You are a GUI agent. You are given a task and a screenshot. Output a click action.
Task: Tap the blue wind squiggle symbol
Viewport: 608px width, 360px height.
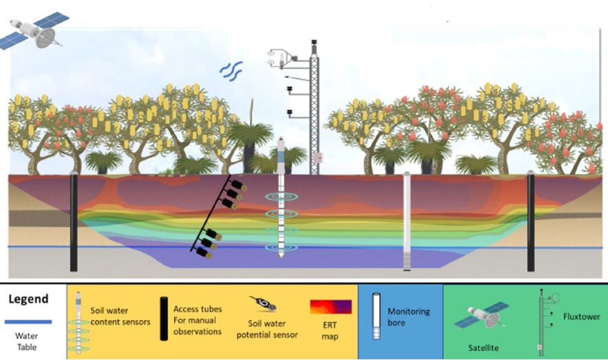(x=231, y=70)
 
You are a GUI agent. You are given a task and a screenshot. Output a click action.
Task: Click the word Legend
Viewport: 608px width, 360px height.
(x=28, y=299)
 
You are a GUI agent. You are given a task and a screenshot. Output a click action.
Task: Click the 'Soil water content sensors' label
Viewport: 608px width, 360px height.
(x=120, y=316)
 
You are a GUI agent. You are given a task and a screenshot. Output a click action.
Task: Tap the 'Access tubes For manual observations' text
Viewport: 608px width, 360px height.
(x=198, y=321)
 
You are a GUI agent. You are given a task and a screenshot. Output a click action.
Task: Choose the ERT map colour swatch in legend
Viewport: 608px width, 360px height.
(x=331, y=307)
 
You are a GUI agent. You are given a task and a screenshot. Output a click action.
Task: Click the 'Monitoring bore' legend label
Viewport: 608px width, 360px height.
(x=408, y=317)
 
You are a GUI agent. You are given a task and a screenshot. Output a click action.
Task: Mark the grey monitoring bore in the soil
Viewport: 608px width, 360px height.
(x=407, y=220)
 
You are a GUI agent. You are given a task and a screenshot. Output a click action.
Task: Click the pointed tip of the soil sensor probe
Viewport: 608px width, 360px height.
(x=282, y=257)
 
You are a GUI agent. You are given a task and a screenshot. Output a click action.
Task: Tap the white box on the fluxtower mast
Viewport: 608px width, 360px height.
(x=317, y=158)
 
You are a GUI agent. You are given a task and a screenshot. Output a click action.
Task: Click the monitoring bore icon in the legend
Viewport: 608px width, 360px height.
(x=375, y=316)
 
